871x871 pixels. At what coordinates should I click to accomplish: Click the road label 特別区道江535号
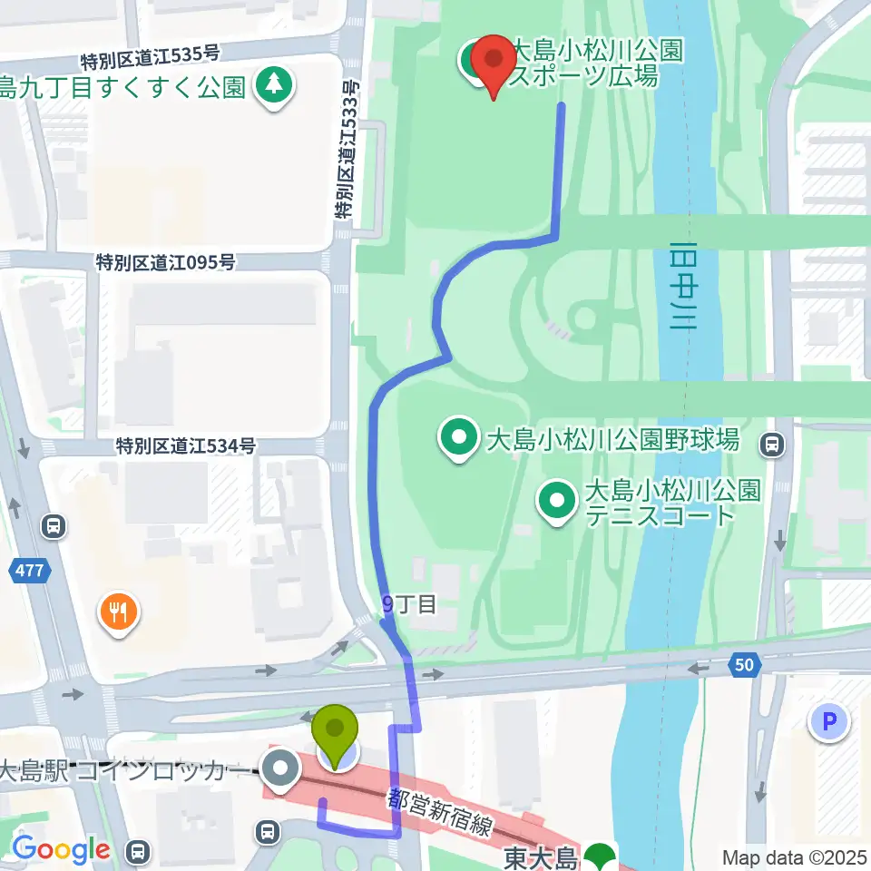tap(152, 61)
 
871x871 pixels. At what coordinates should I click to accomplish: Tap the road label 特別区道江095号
tap(166, 262)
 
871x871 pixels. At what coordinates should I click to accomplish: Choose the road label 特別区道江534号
tap(185, 445)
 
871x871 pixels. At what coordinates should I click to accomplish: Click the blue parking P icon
tap(827, 722)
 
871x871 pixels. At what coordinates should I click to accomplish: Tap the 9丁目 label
tap(409, 604)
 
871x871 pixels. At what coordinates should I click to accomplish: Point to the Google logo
tap(61, 850)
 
